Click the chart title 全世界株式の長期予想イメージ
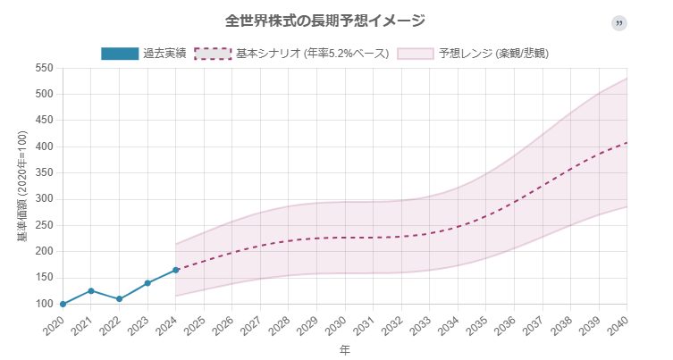coord(324,21)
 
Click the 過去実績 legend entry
coord(144,54)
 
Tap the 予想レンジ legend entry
coord(474,54)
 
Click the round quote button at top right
coord(618,22)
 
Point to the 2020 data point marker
coord(63,304)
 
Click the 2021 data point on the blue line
coord(91,290)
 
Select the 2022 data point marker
coord(119,299)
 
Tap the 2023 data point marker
coord(147,283)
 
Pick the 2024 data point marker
coord(175,270)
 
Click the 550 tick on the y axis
coord(45,68)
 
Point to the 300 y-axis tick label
coord(45,198)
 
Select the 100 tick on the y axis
coord(45,304)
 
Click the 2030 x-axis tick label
coord(335,323)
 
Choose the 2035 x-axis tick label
coord(476,323)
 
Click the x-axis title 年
coord(344,351)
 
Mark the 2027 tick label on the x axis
coord(251,323)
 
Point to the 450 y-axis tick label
coord(45,120)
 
